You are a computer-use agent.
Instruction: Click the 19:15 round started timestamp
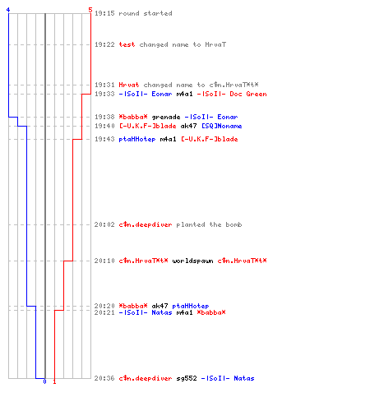click(104, 13)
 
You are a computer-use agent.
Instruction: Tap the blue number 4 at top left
click(8, 10)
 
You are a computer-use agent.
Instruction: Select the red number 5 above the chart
click(90, 10)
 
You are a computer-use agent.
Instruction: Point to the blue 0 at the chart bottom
click(44, 381)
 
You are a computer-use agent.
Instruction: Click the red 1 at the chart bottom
click(54, 381)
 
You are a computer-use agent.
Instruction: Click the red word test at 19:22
click(127, 44)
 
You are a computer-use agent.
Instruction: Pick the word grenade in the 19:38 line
click(166, 118)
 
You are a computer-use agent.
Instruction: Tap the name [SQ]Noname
click(222, 126)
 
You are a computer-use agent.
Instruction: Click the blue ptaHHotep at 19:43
click(137, 139)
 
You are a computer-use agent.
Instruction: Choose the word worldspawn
click(192, 261)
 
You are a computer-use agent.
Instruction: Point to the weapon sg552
click(187, 378)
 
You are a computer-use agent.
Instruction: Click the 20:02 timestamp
click(104, 224)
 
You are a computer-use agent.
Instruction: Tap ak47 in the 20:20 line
click(160, 306)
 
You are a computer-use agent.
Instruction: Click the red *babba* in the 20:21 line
click(211, 312)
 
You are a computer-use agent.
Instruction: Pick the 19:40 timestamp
click(104, 126)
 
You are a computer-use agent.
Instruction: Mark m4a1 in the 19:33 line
click(184, 94)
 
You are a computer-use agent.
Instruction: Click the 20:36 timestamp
click(104, 378)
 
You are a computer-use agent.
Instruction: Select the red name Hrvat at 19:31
click(129, 85)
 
